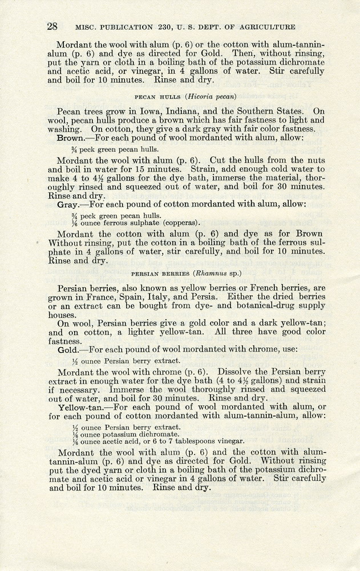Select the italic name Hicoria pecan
click(x=210, y=96)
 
